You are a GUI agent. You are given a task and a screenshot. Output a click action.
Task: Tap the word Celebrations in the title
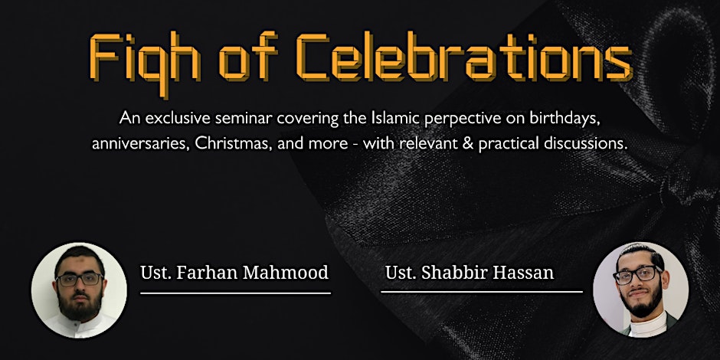click(x=464, y=57)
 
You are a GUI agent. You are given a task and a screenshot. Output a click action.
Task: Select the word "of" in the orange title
click(x=248, y=57)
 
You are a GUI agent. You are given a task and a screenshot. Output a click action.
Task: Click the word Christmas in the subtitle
click(x=234, y=143)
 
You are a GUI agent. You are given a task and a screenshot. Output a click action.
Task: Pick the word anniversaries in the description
click(x=140, y=144)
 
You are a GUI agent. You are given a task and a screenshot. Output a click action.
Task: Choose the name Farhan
click(x=207, y=272)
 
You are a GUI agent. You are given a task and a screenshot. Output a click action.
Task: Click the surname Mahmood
click(x=285, y=272)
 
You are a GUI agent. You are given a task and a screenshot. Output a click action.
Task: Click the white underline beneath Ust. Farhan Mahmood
click(x=236, y=293)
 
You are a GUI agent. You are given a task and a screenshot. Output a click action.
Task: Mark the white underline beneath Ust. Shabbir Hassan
click(x=482, y=291)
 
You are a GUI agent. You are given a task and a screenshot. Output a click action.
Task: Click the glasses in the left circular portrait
click(x=80, y=279)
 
